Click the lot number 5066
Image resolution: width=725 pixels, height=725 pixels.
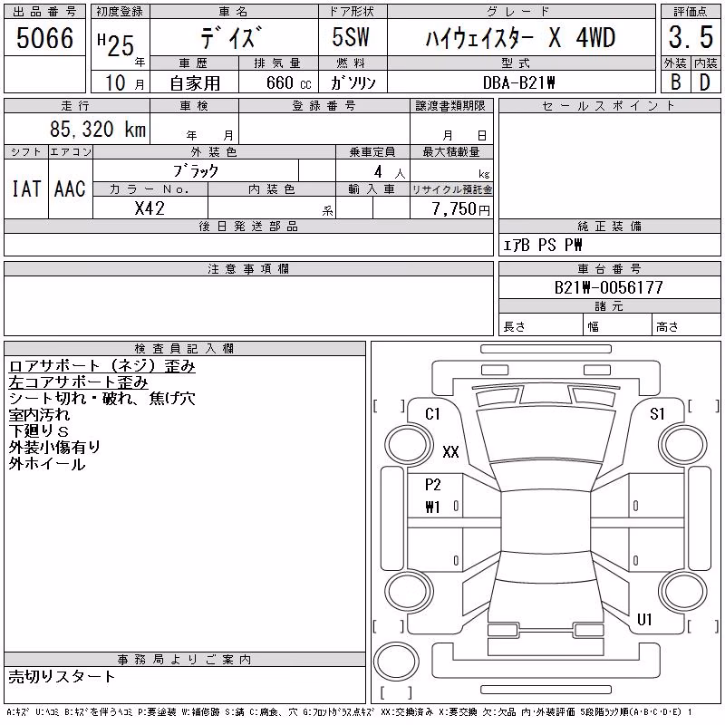(44, 38)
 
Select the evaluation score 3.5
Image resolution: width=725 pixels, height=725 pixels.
(691, 37)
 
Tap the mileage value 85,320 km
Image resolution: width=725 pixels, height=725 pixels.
(98, 129)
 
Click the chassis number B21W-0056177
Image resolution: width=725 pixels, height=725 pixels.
(608, 287)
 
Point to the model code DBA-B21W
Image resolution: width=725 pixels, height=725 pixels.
(518, 82)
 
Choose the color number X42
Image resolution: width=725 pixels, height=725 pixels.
(150, 208)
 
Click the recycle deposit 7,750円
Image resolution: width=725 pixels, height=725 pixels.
(460, 209)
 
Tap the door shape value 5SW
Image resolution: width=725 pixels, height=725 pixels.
(351, 36)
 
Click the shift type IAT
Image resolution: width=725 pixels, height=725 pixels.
(26, 188)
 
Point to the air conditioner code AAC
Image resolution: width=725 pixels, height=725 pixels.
(71, 188)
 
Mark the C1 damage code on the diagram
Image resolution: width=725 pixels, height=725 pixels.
(432, 414)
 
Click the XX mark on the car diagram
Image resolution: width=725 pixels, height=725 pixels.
(450, 451)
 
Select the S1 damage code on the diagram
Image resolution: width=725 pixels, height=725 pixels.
(657, 414)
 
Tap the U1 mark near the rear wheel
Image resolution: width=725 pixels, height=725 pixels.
(644, 619)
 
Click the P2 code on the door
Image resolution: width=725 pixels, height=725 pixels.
(433, 485)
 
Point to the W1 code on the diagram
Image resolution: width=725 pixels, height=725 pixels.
(432, 507)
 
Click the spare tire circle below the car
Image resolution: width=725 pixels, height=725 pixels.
(396, 662)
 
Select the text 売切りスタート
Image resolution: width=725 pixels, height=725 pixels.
(62, 677)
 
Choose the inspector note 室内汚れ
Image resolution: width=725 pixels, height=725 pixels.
(39, 415)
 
